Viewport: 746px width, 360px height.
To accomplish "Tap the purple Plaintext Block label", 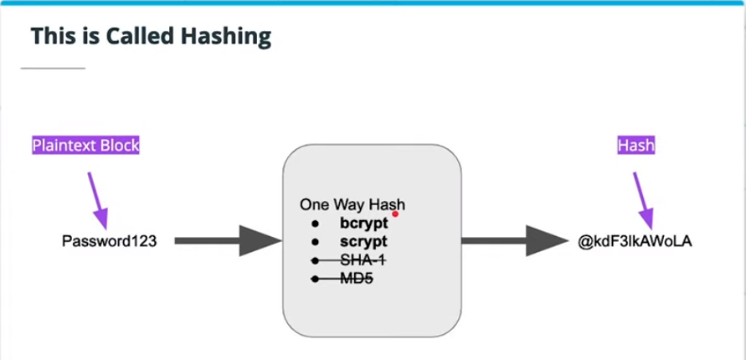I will [85, 145].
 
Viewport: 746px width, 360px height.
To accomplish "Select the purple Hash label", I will [635, 145].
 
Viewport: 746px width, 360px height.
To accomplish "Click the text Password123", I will [110, 241].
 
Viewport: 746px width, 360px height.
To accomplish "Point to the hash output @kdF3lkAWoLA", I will [635, 241].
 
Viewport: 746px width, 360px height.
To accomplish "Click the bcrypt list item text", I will [364, 224].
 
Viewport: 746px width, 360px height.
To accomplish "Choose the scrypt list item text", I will [363, 242].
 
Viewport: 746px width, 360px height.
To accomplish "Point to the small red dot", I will [395, 214].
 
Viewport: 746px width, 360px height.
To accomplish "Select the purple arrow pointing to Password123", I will [99, 198].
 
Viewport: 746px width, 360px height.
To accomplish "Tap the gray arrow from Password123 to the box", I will [226, 241].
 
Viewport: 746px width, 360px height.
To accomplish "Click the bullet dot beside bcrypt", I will [316, 224].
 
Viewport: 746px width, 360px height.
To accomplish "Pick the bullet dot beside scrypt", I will [316, 243].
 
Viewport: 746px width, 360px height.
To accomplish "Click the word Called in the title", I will [142, 36].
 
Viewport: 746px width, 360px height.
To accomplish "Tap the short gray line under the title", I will [53, 67].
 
